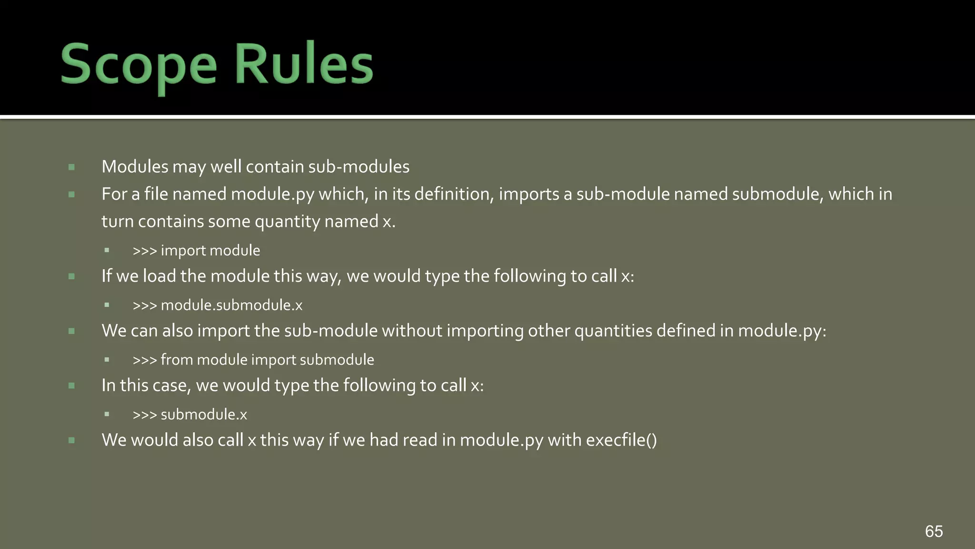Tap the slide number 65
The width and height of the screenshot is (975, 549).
(934, 531)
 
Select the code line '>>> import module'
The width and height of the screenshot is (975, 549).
(196, 251)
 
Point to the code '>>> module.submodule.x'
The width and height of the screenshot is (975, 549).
(217, 305)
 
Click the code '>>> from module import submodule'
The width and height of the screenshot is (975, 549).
(253, 360)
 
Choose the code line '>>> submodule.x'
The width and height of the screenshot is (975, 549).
(189, 415)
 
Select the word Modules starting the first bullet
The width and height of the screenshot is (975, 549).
(135, 167)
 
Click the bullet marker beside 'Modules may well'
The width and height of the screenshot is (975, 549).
(71, 167)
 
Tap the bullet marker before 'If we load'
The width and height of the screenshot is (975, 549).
(71, 276)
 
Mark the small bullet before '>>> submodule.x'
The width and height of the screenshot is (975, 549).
(107, 415)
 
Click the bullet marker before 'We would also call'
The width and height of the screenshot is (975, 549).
(71, 440)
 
